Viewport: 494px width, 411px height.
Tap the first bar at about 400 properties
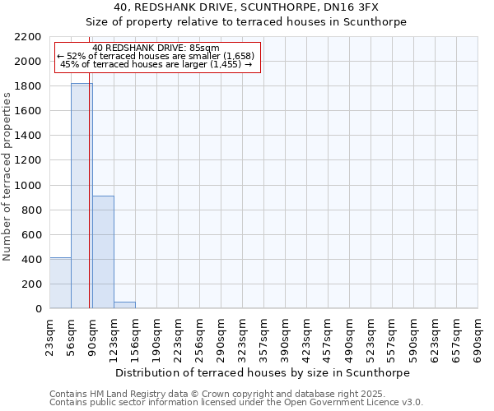(60, 283)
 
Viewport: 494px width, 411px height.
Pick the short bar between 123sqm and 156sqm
(124, 305)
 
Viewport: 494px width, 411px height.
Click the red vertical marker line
(89, 205)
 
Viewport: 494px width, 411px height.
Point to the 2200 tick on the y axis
(31, 37)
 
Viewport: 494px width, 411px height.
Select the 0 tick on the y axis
(38, 309)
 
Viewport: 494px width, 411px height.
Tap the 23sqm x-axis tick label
(50, 337)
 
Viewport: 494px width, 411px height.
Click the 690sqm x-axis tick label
(478, 337)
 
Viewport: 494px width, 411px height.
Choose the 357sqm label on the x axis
(264, 337)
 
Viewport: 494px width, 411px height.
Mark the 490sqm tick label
(350, 337)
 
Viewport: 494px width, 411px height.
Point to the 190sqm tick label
(157, 337)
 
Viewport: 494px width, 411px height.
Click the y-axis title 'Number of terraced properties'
(7, 177)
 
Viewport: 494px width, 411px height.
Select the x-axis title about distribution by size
(262, 372)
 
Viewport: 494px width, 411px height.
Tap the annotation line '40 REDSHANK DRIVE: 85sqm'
(156, 48)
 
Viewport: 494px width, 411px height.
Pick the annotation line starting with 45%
(156, 64)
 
